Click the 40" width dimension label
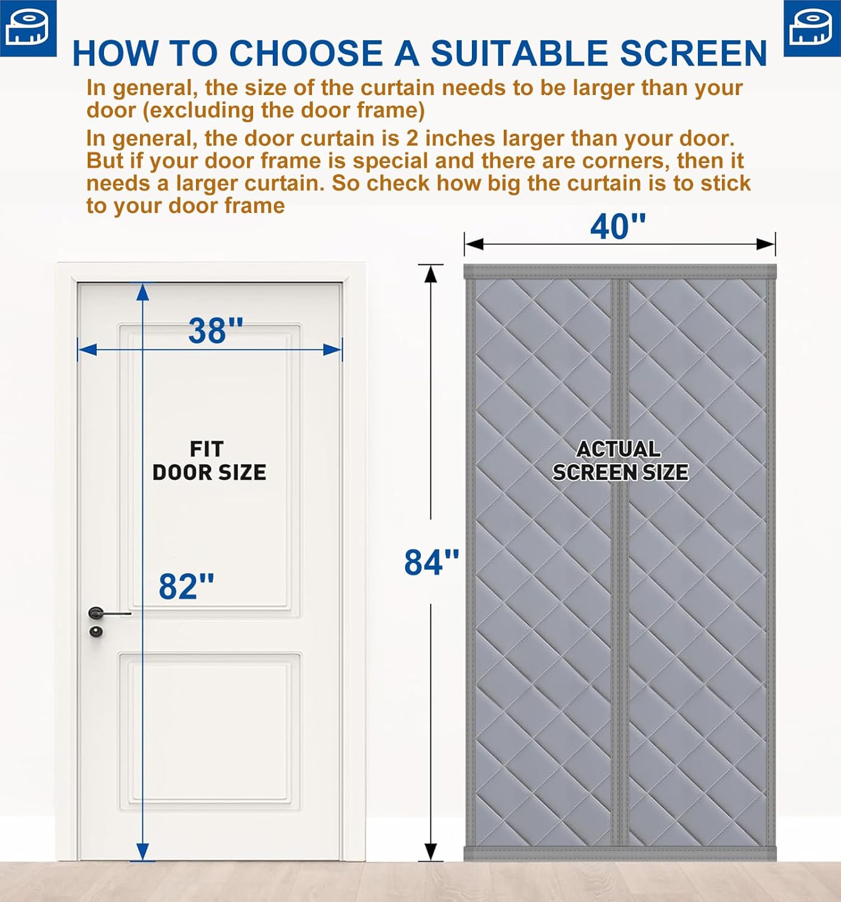coord(617,227)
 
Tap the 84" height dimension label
coord(431,562)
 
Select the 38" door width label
coord(215,331)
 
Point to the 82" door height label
coord(186,586)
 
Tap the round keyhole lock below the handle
coord(96,631)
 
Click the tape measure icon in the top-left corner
coord(28,28)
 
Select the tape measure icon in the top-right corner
coord(812,28)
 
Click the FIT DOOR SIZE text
coord(209,461)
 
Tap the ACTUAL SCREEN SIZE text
coord(620,461)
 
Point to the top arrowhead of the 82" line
coord(142,291)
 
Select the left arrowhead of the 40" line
coord(474,244)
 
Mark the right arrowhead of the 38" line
coord(333,349)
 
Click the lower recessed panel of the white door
coord(209,731)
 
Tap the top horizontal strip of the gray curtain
coord(619,272)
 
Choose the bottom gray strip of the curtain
coord(619,854)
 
